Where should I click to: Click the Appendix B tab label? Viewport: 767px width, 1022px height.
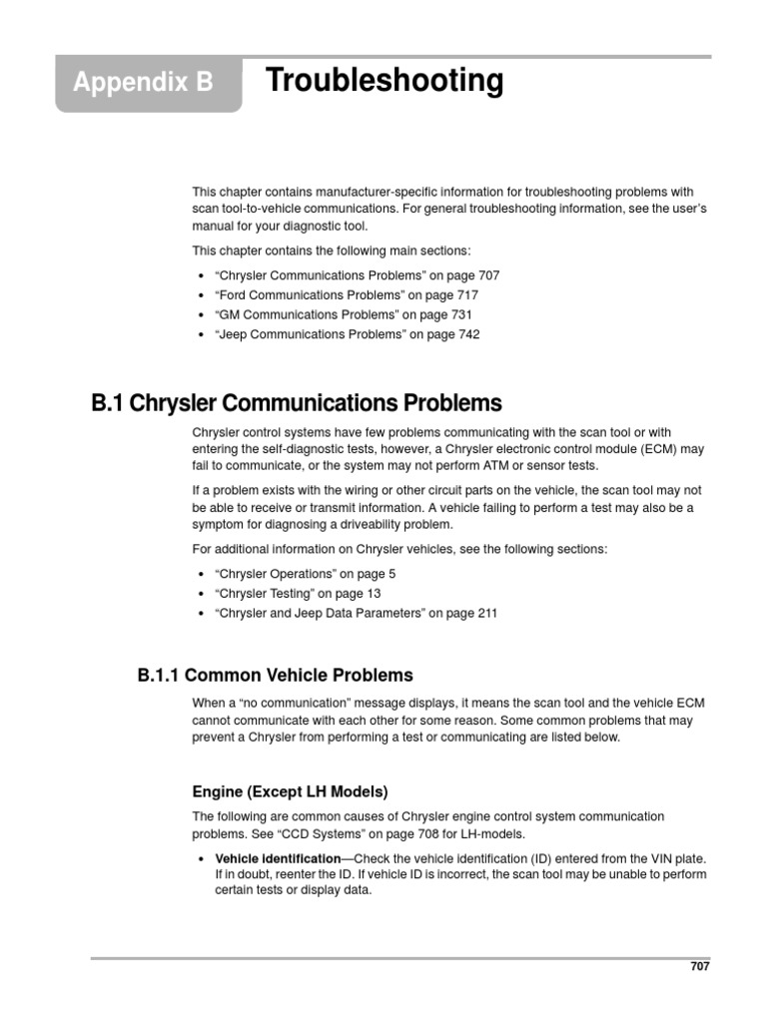[x=143, y=83]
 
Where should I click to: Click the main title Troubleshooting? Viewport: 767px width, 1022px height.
[x=384, y=81]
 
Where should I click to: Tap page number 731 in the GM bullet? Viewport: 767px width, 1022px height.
[x=462, y=315]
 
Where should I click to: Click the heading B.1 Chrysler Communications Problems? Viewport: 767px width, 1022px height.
[x=297, y=404]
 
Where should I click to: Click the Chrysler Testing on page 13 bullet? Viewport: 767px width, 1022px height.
[x=299, y=594]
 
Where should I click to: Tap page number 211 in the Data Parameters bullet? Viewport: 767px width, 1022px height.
[x=485, y=614]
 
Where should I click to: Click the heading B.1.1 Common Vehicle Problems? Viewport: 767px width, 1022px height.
[x=275, y=676]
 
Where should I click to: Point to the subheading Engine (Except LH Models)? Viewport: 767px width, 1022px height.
[x=290, y=791]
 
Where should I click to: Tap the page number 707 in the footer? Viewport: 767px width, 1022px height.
[x=699, y=966]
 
